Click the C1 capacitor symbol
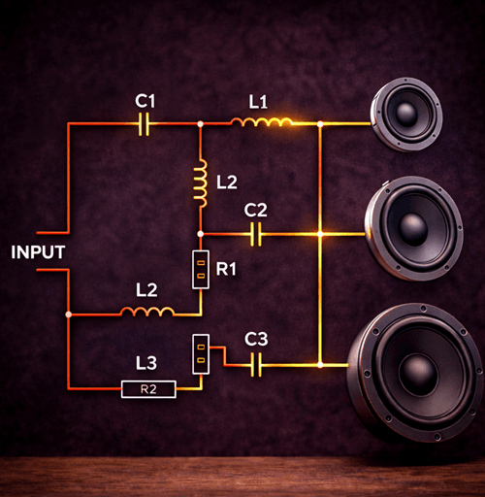(x=145, y=124)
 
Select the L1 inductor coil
(x=261, y=122)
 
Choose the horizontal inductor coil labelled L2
(x=147, y=311)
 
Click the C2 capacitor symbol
(x=256, y=234)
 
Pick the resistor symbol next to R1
(x=200, y=269)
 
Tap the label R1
(x=226, y=269)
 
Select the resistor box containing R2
(x=147, y=389)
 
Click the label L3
(x=146, y=363)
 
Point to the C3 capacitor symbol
(x=256, y=365)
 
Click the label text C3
(x=256, y=339)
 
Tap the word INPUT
(x=38, y=252)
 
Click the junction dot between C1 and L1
(x=200, y=124)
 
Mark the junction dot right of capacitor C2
(x=320, y=234)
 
